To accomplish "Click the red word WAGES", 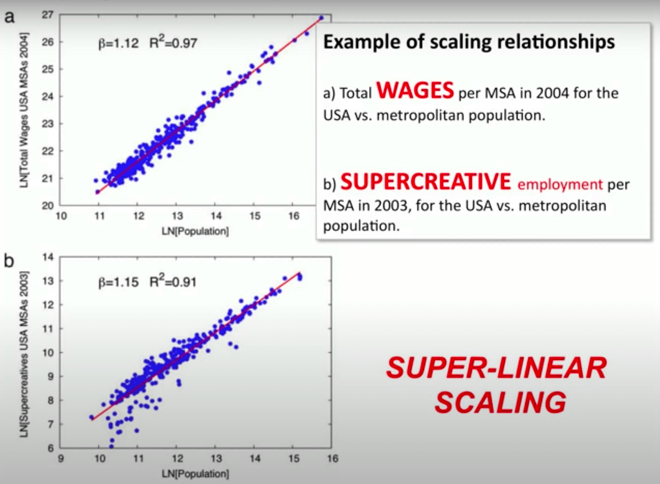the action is pos(415,90).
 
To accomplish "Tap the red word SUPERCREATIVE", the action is pos(426,181).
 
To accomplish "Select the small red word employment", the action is pos(560,185).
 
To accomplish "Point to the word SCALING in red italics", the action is pos(500,402).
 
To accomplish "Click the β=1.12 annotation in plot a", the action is pos(118,44).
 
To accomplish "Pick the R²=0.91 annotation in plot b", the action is pos(173,282).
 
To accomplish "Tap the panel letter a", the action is pos(9,17).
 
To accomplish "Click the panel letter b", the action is pos(9,261).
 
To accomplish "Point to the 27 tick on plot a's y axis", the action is pos(47,15).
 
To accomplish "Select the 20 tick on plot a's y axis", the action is pos(47,205).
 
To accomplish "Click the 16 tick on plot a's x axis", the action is pos(293,216).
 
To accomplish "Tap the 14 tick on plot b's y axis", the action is pos(48,257).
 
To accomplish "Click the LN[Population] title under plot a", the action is pos(195,231).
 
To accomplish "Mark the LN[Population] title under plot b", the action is pos(195,474).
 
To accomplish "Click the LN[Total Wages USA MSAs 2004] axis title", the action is pos(24,110).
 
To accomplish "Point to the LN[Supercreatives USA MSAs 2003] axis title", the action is pos(24,354).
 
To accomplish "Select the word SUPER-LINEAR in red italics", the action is pos(497,367).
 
